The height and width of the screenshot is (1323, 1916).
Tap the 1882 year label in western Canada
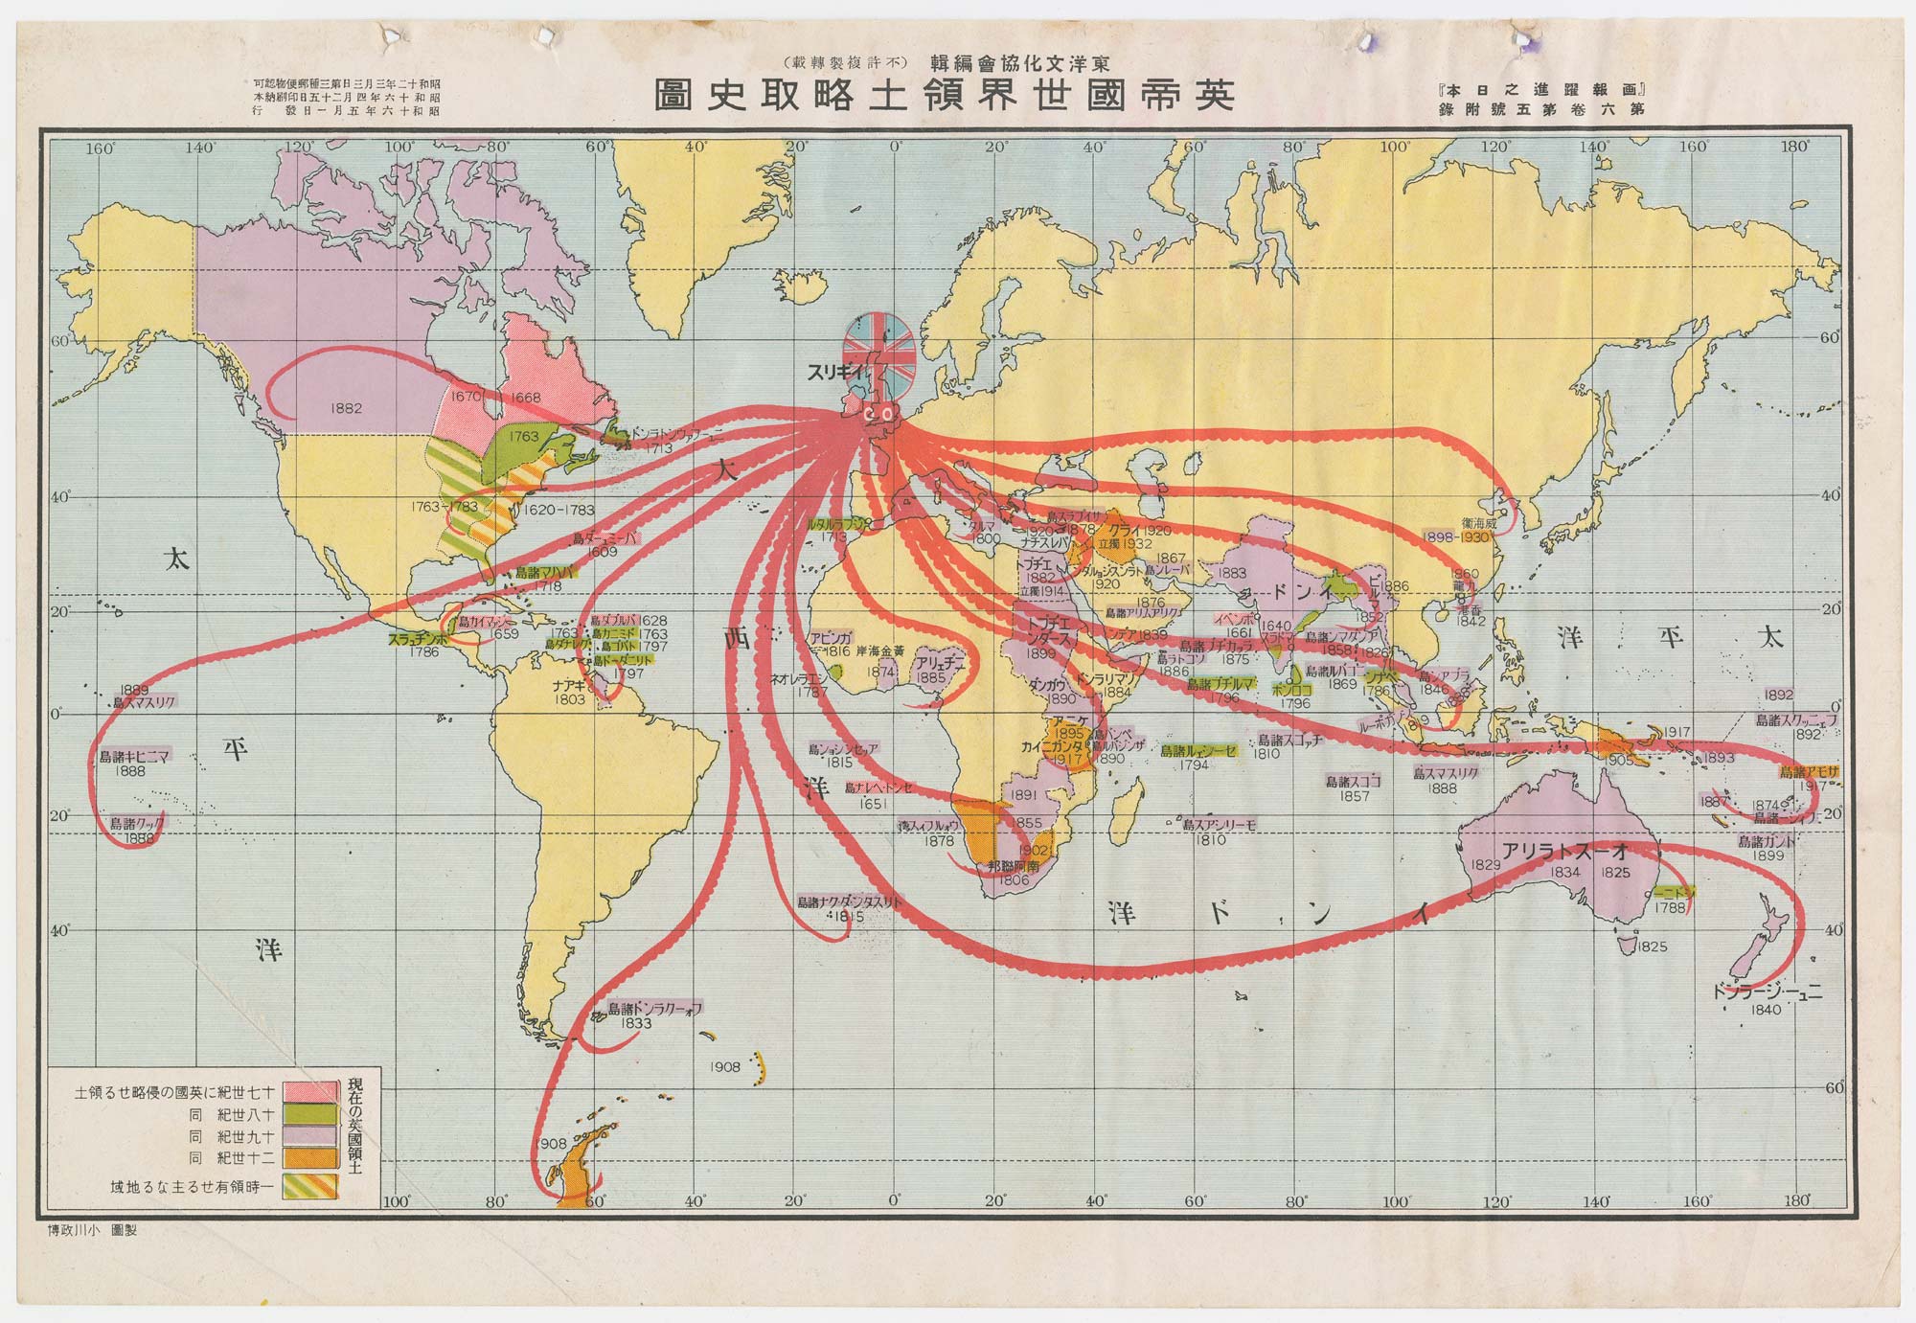pyautogui.click(x=346, y=408)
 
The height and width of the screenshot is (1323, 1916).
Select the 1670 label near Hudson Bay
pyautogui.click(x=467, y=396)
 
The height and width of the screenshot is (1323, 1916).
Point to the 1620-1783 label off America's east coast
pyautogui.click(x=559, y=510)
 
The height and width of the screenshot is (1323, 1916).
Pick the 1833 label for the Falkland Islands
pyautogui.click(x=636, y=1023)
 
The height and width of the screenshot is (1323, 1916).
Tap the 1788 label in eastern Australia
pyautogui.click(x=1670, y=907)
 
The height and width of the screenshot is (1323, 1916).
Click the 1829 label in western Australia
pyautogui.click(x=1485, y=865)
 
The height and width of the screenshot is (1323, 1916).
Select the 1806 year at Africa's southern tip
pyautogui.click(x=1014, y=879)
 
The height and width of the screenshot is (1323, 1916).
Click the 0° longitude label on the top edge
pyautogui.click(x=896, y=148)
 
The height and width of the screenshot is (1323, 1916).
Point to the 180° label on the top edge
pyautogui.click(x=1795, y=148)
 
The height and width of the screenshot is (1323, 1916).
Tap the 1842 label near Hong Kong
pyautogui.click(x=1470, y=621)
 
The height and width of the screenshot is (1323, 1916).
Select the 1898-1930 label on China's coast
pyautogui.click(x=1456, y=537)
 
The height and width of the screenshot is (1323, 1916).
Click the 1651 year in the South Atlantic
pyautogui.click(x=873, y=805)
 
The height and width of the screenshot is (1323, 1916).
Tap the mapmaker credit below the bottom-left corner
pyautogui.click(x=92, y=1230)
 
